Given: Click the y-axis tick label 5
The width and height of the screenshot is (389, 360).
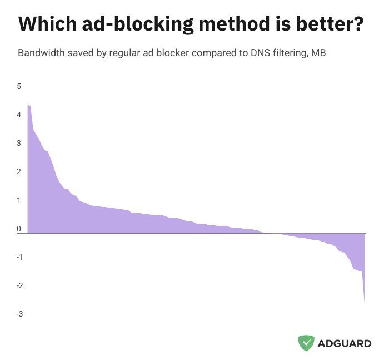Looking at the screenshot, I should (19, 86).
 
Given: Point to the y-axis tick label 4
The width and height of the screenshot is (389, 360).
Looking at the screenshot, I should (19, 115).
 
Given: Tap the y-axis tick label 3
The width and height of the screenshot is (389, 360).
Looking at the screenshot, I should (19, 143).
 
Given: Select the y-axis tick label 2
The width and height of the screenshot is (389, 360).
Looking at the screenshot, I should (19, 171).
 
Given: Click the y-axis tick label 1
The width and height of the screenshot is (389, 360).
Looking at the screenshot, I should (19, 200).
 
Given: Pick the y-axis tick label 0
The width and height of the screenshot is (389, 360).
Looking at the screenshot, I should (19, 229).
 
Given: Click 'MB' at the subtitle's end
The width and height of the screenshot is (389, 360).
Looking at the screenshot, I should (318, 53).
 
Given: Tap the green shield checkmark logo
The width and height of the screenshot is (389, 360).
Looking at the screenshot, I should (306, 343).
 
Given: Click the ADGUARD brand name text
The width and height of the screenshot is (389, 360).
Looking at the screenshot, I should (345, 343).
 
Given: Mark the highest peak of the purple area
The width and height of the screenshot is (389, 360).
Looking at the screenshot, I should (28, 106).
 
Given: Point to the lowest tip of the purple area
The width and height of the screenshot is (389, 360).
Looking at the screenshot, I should (365, 304).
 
